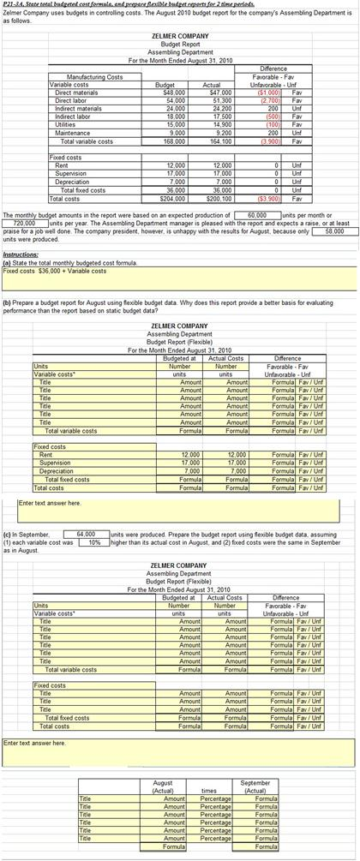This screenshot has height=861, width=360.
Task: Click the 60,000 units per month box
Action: (x=256, y=215)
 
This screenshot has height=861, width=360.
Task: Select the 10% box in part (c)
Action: (x=94, y=541)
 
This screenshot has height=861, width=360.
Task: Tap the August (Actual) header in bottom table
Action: (x=162, y=786)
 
